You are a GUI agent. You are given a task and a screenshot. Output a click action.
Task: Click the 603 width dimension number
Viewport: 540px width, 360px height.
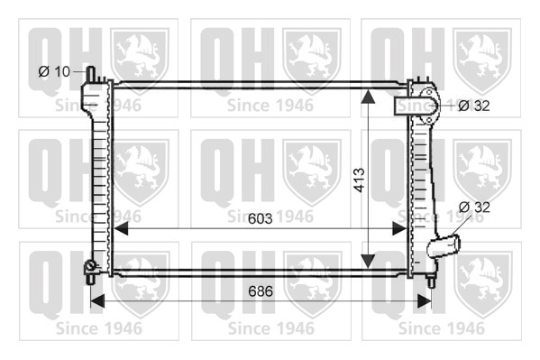coord(260,218)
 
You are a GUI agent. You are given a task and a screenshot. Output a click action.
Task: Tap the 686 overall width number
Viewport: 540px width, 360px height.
coord(261,291)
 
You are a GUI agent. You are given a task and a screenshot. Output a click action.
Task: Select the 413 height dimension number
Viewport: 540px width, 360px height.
coord(359,180)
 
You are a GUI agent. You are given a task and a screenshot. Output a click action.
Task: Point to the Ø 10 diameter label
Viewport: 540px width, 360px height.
coord(54,71)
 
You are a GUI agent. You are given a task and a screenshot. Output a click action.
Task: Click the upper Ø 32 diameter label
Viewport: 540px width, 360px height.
coord(474,106)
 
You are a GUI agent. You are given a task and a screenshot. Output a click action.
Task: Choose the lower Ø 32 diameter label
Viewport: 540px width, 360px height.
coord(474,207)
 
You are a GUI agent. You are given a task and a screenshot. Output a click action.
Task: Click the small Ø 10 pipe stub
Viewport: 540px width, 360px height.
coord(91,74)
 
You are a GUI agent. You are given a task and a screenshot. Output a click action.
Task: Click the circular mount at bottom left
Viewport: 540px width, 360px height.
coord(90,265)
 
